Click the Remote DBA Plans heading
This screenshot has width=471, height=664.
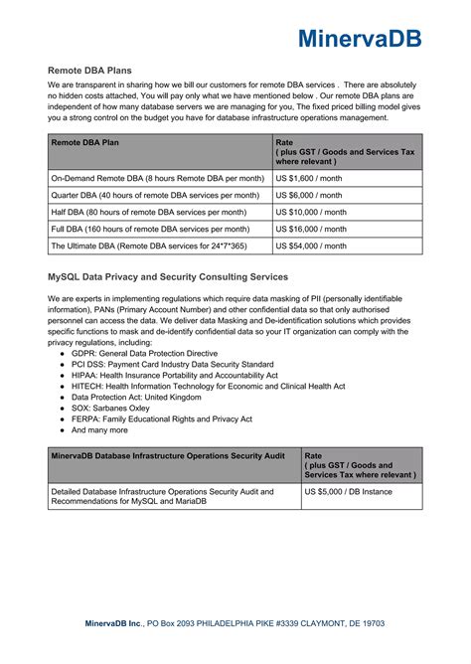click(x=89, y=71)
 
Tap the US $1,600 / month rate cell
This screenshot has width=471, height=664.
click(x=311, y=178)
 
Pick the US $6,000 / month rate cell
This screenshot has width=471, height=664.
click(x=311, y=195)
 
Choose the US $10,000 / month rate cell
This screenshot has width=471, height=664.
click(x=312, y=212)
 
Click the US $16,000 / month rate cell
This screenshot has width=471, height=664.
click(x=312, y=229)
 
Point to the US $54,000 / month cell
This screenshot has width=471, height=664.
click(x=312, y=246)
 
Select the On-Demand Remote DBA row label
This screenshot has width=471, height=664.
click(x=157, y=178)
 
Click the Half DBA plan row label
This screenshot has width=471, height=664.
click(x=148, y=212)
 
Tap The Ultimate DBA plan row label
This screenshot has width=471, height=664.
click(x=149, y=246)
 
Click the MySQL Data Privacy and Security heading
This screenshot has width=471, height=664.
click(x=168, y=276)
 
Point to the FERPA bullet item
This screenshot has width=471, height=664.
click(x=161, y=418)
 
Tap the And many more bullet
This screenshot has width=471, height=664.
click(x=99, y=431)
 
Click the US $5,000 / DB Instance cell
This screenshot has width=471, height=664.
click(x=348, y=491)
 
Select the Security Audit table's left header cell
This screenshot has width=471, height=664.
click(x=168, y=455)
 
